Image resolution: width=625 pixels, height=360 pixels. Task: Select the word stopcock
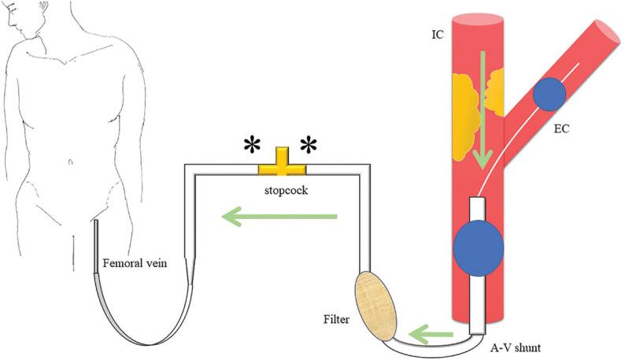[x=282, y=189]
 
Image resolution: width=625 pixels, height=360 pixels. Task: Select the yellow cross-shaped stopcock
[x=282, y=164]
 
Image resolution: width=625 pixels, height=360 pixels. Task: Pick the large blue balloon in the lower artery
[x=479, y=247]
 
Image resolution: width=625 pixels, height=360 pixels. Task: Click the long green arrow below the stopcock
[x=279, y=217]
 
